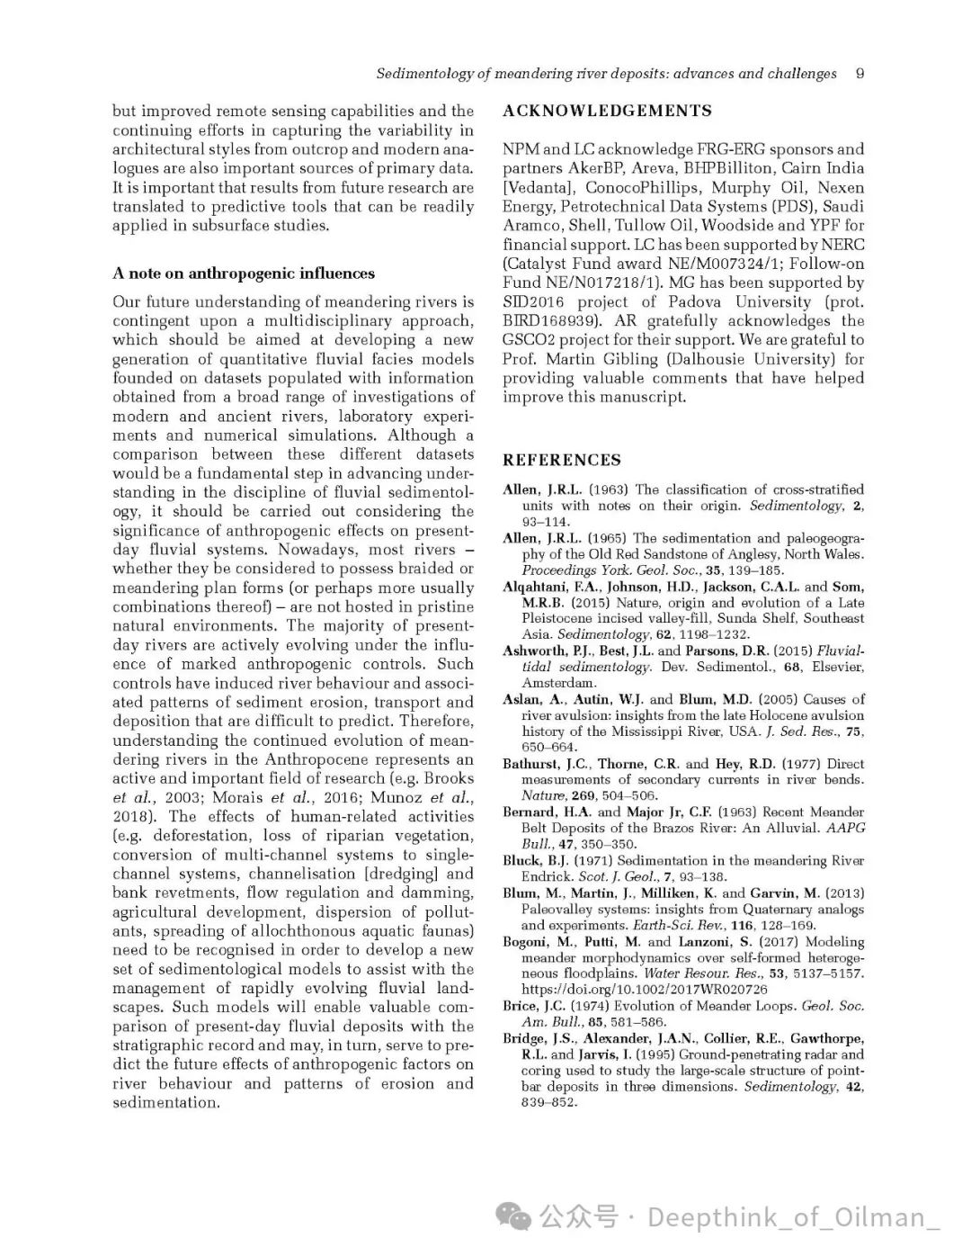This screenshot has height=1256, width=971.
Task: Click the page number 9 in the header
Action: [860, 74]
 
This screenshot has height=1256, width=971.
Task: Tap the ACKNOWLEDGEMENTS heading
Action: [607, 111]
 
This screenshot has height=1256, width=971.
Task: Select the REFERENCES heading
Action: [562, 460]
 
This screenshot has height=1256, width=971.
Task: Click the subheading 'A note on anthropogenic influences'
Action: [244, 274]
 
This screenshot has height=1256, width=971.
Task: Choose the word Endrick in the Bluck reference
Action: [547, 877]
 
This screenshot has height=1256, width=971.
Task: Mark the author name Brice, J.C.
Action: [534, 1006]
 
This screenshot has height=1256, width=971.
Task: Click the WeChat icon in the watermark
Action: [518, 1217]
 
